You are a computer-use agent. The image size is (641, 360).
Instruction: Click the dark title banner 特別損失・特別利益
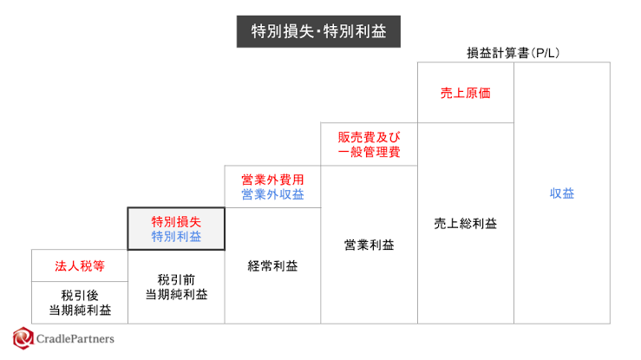318,31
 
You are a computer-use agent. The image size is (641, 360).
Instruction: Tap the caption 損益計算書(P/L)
513,53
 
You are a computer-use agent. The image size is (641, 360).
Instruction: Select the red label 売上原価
466,93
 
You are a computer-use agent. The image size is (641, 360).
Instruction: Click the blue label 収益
562,193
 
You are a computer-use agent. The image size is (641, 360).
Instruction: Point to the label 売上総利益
466,224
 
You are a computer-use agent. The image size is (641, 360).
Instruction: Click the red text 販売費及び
369,137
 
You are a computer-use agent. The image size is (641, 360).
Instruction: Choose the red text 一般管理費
369,152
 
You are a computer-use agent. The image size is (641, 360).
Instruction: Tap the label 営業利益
370,245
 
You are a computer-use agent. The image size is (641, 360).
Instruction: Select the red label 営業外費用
272,180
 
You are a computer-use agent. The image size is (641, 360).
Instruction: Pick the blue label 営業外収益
272,194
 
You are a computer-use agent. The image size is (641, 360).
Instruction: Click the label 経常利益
272,266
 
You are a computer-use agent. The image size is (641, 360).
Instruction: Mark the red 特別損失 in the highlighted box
176,221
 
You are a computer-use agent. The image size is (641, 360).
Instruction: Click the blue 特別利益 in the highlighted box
176,236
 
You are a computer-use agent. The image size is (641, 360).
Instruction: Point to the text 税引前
176,280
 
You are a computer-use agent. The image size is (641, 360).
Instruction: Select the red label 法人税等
80,266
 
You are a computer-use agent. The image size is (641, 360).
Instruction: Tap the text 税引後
80,295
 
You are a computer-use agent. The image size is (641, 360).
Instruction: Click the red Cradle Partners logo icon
23,338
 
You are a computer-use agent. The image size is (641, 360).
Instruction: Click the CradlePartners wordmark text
75,339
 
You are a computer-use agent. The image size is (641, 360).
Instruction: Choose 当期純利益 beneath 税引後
80,311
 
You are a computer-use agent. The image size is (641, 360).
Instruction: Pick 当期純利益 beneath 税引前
176,295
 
